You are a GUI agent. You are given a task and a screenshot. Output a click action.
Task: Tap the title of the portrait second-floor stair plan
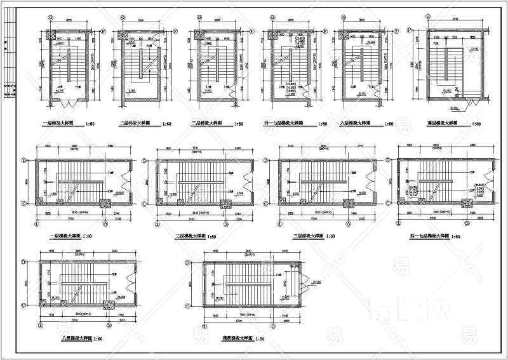tap(136, 124)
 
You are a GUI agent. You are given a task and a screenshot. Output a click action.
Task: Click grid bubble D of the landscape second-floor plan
tap(148, 160)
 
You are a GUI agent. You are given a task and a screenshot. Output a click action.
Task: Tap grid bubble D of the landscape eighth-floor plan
tap(23, 260)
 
